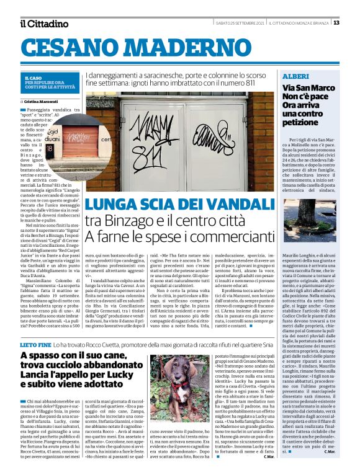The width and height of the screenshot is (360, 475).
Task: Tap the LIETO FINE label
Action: pyautogui.click(x=35, y=344)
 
